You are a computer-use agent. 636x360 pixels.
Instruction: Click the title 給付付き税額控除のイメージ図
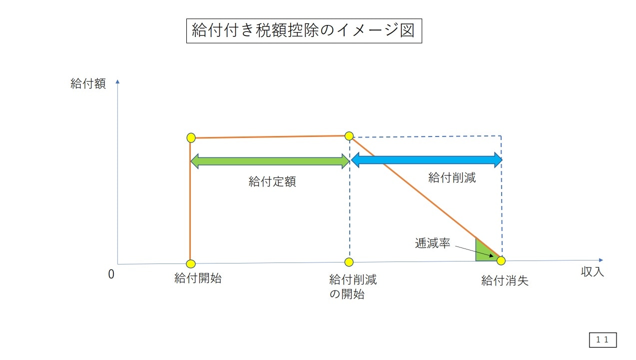(x=304, y=30)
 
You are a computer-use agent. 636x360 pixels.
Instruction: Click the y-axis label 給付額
(x=88, y=84)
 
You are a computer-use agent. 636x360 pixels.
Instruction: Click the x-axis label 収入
(x=592, y=271)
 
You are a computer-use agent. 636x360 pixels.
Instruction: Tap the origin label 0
(x=111, y=274)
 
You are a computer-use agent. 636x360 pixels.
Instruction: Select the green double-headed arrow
(x=270, y=161)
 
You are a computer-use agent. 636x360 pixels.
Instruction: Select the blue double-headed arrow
(x=427, y=160)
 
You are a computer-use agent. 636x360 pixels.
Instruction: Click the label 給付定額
(x=272, y=181)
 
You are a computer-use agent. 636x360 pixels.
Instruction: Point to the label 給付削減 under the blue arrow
(x=452, y=177)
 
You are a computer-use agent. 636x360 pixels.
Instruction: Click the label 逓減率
(x=433, y=243)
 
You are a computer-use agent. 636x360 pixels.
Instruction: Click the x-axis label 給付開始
(x=198, y=278)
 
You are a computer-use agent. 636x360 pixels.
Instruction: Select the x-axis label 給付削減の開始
(x=353, y=286)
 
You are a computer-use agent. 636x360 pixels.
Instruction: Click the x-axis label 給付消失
(x=505, y=281)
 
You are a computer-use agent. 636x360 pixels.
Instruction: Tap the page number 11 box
(x=603, y=340)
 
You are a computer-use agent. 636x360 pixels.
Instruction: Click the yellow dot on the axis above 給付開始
(x=191, y=263)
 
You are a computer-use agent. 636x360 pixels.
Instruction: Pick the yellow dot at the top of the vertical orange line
(x=191, y=138)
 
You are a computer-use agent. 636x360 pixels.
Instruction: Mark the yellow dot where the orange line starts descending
(x=349, y=136)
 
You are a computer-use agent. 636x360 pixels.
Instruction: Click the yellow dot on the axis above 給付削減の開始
(x=349, y=262)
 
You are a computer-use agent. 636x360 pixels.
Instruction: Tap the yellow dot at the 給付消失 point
(x=501, y=260)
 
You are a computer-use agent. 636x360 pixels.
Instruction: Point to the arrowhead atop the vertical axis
(x=117, y=81)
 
